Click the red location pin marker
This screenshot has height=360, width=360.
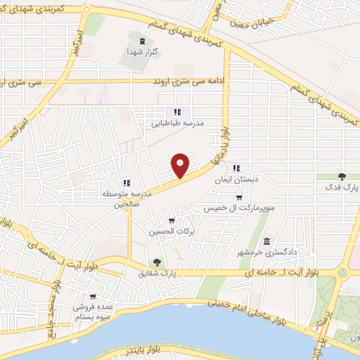pos(181,165)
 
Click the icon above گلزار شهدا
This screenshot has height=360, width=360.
pos(144,41)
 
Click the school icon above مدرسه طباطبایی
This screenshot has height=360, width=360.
pos(177,111)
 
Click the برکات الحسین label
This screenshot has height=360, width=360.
pos(172,231)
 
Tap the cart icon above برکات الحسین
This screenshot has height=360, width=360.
pos(171,221)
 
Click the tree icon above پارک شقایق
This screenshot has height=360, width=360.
pos(157,262)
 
